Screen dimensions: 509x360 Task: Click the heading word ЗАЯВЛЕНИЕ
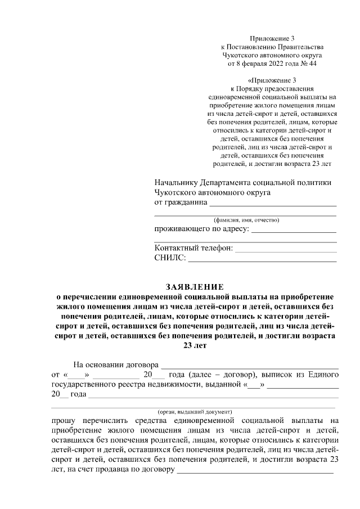[x=193, y=286]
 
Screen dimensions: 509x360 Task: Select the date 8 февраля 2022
[x=266, y=64]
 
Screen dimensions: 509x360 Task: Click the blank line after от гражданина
[x=273, y=202]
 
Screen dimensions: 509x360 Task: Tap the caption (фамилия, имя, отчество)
[x=246, y=220]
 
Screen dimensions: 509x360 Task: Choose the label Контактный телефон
[x=193, y=249]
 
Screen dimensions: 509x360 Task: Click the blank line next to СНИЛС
[x=262, y=259]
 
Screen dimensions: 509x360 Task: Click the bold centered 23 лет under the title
[x=193, y=346]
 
